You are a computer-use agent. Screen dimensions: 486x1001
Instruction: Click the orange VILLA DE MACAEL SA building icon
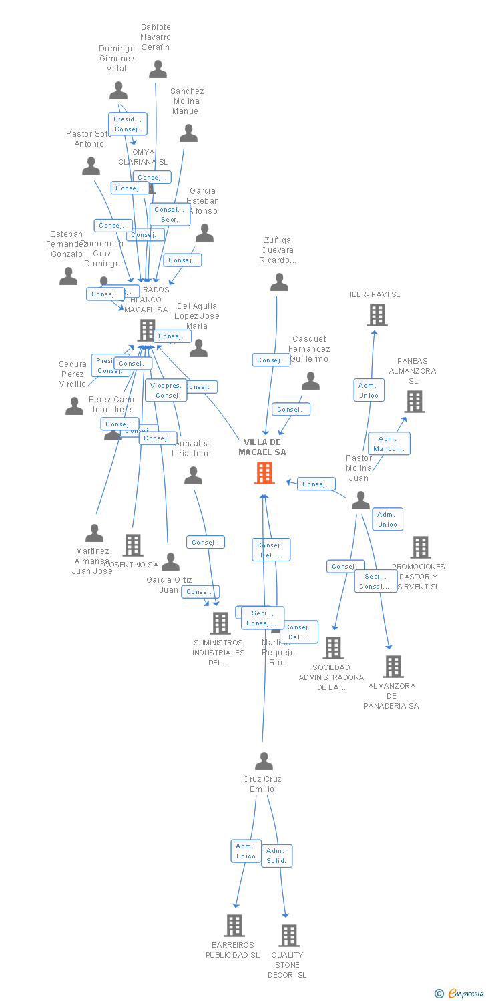coord(265,473)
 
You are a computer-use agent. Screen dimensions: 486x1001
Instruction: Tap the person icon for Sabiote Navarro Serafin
coord(158,69)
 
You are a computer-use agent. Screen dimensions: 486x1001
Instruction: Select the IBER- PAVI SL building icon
coord(377,315)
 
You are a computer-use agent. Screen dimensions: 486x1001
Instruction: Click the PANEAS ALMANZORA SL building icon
coord(415,402)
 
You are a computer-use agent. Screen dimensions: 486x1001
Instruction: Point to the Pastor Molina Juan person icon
coord(360,500)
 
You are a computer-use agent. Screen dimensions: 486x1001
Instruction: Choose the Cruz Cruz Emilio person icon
coord(264,761)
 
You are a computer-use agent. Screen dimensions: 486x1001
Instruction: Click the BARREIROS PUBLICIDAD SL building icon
coord(234,926)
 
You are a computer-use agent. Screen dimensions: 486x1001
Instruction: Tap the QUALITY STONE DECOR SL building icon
coord(288,936)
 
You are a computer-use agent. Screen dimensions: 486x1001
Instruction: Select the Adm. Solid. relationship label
coord(276,856)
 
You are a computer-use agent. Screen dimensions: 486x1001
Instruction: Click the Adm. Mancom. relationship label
coord(389,444)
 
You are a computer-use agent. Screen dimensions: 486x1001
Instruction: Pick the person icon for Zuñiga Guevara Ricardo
coord(279,282)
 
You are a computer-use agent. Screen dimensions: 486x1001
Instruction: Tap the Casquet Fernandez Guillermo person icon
coord(310,381)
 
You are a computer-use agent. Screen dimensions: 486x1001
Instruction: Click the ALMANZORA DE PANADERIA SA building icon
coord(393,666)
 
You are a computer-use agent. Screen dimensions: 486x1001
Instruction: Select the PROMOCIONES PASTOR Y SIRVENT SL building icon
coord(420,547)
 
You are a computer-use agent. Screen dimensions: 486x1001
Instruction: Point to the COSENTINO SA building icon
coord(133,545)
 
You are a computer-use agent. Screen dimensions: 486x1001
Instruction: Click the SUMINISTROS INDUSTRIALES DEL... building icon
coord(220,623)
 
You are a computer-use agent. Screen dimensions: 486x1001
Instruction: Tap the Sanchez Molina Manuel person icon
coord(188,133)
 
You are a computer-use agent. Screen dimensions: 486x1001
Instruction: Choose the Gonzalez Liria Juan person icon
coord(193,476)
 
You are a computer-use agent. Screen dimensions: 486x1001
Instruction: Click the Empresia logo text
coord(465,994)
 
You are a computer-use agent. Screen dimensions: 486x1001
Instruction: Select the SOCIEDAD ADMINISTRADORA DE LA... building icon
coord(332,647)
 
